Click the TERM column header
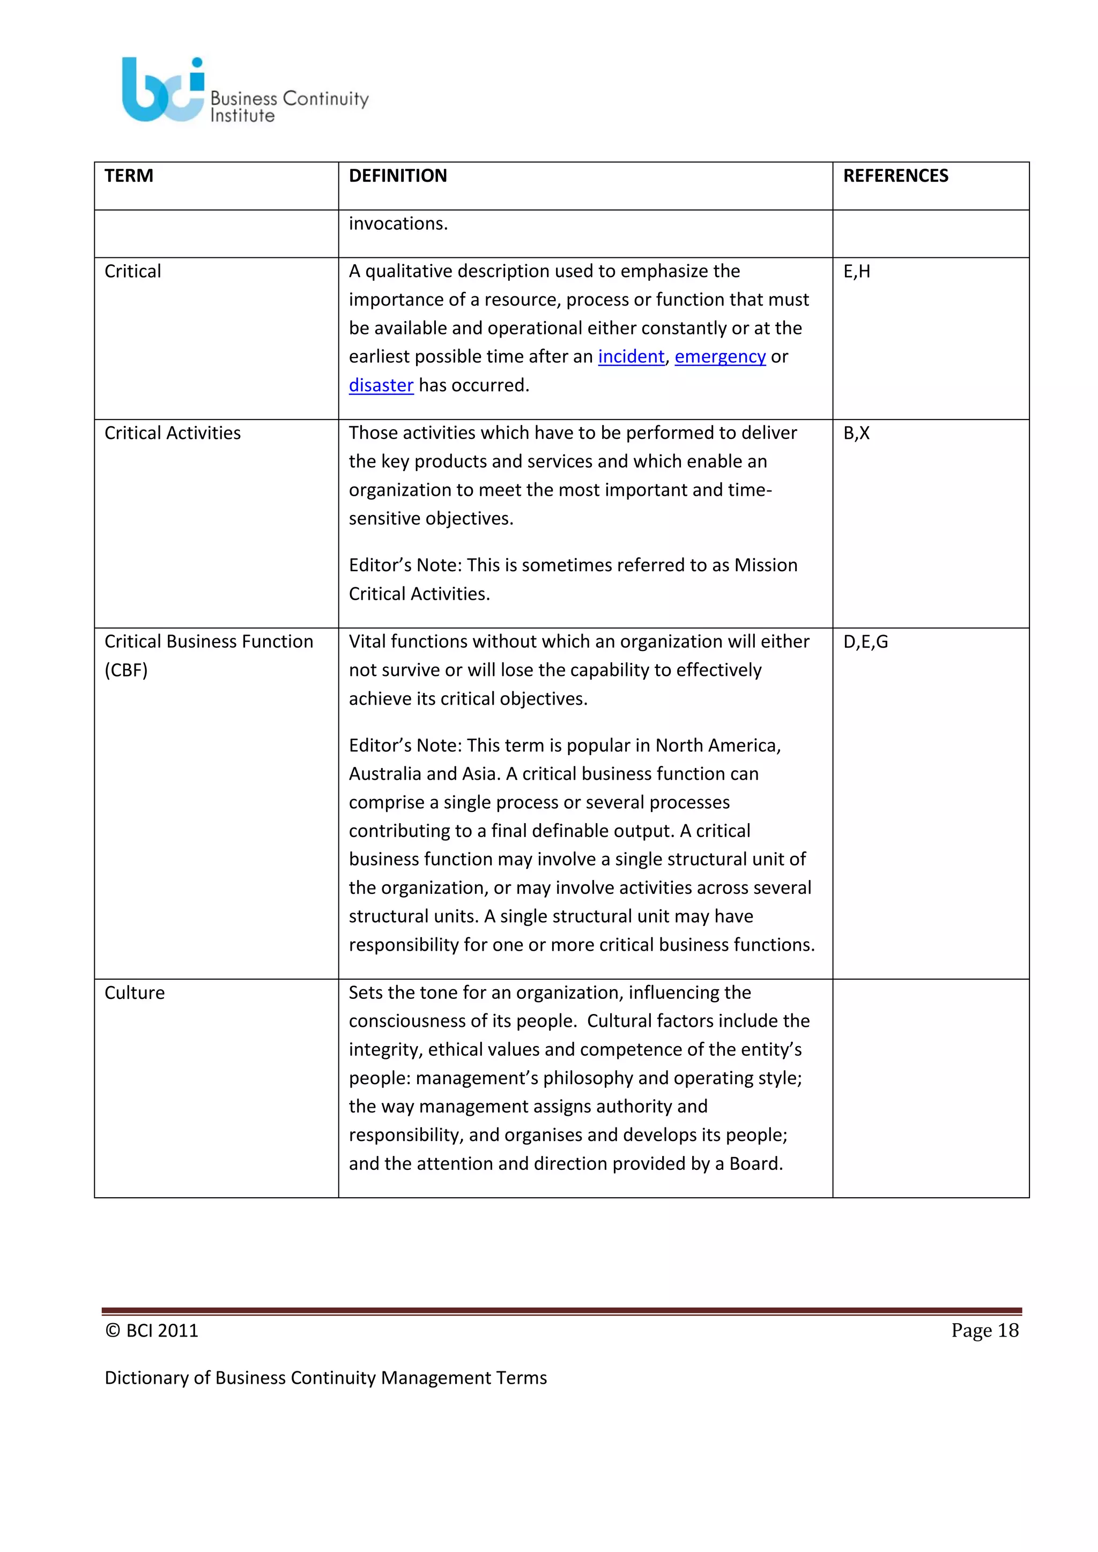pyautogui.click(x=129, y=176)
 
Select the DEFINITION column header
pyautogui.click(x=398, y=176)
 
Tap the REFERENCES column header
pyautogui.click(x=895, y=176)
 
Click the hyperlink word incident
pyautogui.click(x=631, y=356)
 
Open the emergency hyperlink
pyautogui.click(x=719, y=356)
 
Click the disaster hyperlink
pyautogui.click(x=381, y=385)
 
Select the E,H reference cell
pyautogui.click(x=857, y=272)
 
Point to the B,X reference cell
pyautogui.click(x=856, y=434)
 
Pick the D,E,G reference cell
pyautogui.click(x=865, y=641)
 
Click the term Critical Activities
pyautogui.click(x=173, y=434)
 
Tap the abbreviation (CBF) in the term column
pyautogui.click(x=126, y=670)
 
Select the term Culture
pyautogui.click(x=135, y=993)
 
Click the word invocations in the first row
pyautogui.click(x=398, y=223)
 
